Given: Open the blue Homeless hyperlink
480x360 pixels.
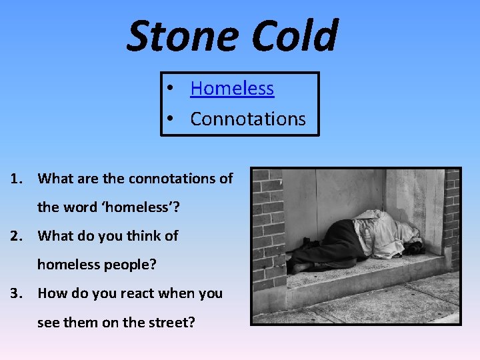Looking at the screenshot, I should pyautogui.click(x=232, y=88).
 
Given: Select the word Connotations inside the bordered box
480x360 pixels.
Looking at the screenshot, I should pyautogui.click(x=247, y=119).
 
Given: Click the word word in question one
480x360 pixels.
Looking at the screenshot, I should pyautogui.click(x=81, y=207).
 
